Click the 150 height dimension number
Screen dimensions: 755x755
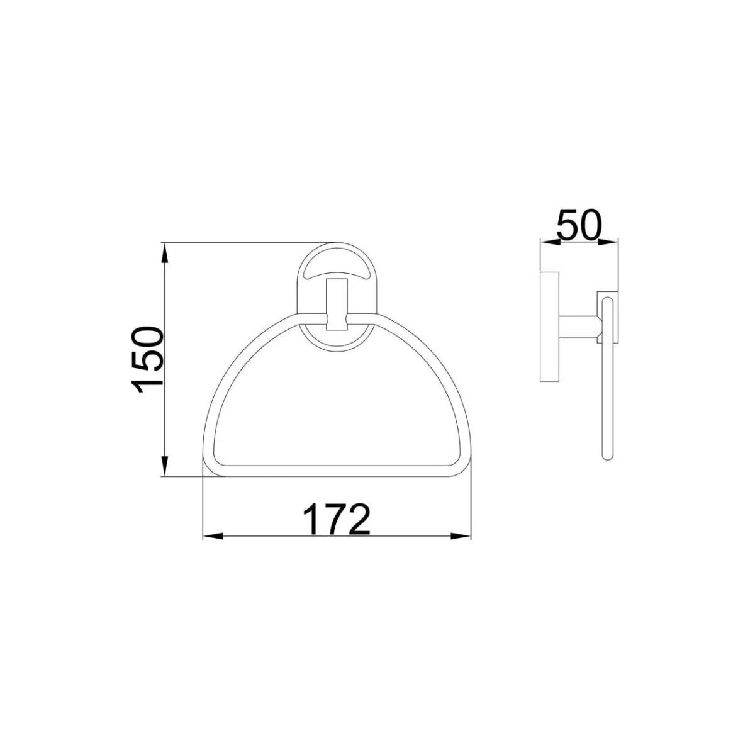click(148, 360)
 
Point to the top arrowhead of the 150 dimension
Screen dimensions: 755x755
click(165, 253)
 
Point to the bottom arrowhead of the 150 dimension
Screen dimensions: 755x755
click(165, 466)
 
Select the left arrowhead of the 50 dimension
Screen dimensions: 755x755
click(550, 242)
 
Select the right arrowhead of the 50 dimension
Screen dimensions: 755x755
click(608, 242)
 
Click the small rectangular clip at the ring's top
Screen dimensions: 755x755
click(337, 305)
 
